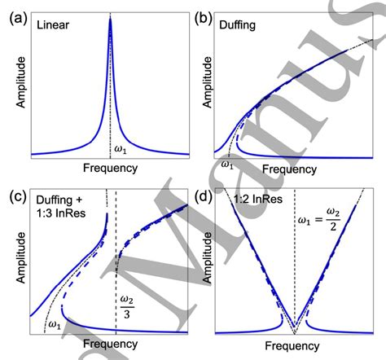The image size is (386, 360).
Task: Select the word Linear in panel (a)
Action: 54,25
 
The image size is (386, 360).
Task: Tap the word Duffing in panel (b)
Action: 242,25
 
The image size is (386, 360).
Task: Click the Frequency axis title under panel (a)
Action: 110,169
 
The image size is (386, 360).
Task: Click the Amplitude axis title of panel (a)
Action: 15,86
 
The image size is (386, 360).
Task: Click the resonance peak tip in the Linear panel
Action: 110,19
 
